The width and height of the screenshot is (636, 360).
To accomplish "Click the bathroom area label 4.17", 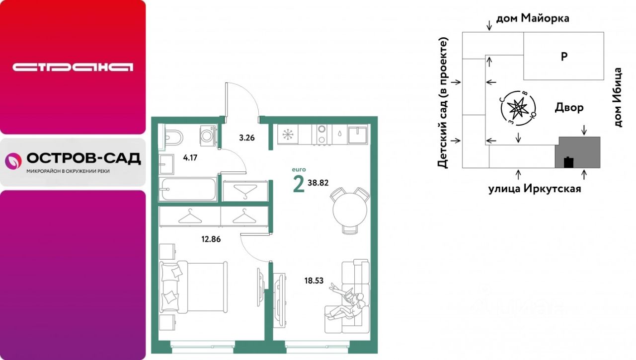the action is point(190,158).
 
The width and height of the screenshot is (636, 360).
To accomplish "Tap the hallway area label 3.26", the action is point(247,138).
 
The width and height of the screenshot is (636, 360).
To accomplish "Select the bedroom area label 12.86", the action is point(211,239).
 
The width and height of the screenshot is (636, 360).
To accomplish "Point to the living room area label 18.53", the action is point(314,281).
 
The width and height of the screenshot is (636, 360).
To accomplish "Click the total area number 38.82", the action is point(318,183).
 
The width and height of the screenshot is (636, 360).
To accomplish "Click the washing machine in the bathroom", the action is point(208,136).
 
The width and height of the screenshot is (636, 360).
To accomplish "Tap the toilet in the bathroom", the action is point(173,138).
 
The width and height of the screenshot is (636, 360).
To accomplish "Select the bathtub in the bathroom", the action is point(188,189).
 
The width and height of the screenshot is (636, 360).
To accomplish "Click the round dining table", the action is point(350,210).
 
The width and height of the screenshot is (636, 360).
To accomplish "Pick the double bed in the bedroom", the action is point(194,287).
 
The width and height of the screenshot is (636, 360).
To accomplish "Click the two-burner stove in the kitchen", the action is point(321,135).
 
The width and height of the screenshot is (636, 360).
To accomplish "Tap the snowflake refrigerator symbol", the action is point(288,134).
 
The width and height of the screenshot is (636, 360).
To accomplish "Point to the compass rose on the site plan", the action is point(518,108).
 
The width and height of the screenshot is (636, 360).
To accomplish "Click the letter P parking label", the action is point(564,57).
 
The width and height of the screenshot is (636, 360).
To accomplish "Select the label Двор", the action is point(569,108).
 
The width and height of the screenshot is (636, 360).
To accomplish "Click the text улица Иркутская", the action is point(535,189).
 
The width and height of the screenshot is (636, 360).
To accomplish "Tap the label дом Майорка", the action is point(533,18).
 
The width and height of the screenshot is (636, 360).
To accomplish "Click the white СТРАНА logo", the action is point(73,67).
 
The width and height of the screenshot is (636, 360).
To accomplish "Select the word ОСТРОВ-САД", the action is point(84,158).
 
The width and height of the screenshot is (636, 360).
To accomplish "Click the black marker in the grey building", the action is point(568,162).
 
